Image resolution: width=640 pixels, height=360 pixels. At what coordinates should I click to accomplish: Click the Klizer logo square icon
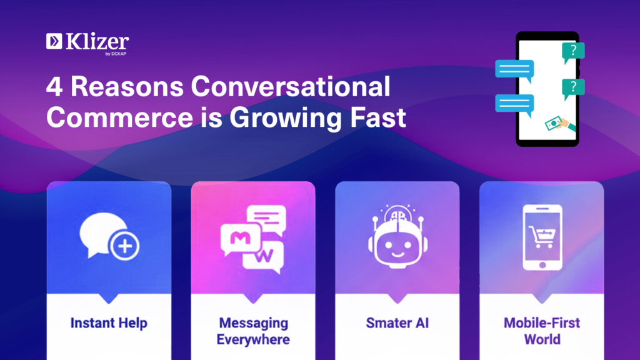[x=54, y=41]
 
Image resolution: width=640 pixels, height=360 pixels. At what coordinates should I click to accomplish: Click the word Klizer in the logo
[x=97, y=41]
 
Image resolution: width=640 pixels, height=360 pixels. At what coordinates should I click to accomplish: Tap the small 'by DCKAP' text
[x=116, y=54]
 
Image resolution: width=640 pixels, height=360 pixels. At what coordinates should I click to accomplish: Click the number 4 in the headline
[x=54, y=87]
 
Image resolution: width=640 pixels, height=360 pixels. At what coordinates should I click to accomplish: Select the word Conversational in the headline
[x=290, y=86]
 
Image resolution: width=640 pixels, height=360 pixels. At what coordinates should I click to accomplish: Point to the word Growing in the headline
[x=285, y=118]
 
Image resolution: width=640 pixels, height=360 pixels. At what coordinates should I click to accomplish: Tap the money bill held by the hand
[x=553, y=124]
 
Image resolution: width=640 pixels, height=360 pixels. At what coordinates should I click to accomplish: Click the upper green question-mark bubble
[x=573, y=52]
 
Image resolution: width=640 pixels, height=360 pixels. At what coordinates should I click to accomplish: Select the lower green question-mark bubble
[x=573, y=88]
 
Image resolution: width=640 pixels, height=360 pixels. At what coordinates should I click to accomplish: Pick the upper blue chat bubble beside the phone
[x=515, y=70]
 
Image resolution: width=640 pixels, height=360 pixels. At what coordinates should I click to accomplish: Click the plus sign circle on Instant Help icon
[x=125, y=246]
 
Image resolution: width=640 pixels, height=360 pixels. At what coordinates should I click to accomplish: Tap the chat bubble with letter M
[x=240, y=239]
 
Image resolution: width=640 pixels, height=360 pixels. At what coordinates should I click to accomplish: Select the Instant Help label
[x=109, y=323]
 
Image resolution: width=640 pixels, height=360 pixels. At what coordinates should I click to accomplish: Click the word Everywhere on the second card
[x=253, y=339]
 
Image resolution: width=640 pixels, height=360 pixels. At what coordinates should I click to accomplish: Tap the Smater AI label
[x=397, y=323]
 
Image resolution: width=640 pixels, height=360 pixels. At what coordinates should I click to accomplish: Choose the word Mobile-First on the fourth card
[x=542, y=323]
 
